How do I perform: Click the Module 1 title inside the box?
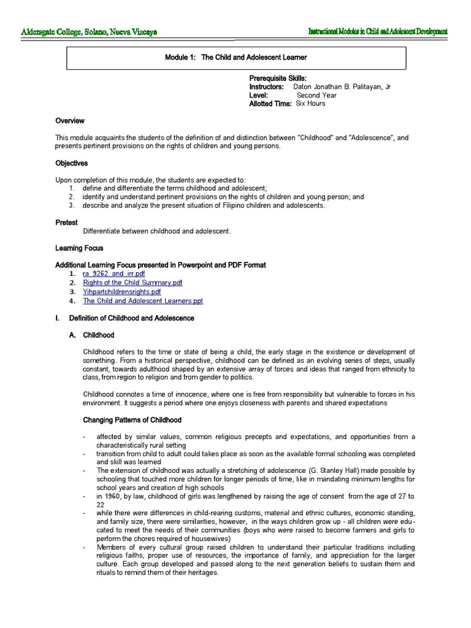click(x=235, y=58)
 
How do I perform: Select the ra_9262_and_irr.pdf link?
click(x=114, y=274)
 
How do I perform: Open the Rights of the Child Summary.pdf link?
click(x=132, y=283)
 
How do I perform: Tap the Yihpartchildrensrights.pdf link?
click(x=121, y=292)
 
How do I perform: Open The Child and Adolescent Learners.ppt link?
click(x=142, y=301)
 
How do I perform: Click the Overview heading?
click(x=70, y=121)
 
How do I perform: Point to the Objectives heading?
click(x=72, y=164)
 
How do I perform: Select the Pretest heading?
click(x=66, y=223)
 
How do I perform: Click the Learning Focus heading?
click(x=79, y=248)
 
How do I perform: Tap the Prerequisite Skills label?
click(x=277, y=78)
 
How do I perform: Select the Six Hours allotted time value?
click(x=310, y=104)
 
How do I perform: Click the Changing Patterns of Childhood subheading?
click(x=132, y=420)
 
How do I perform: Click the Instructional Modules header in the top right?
click(x=377, y=32)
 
